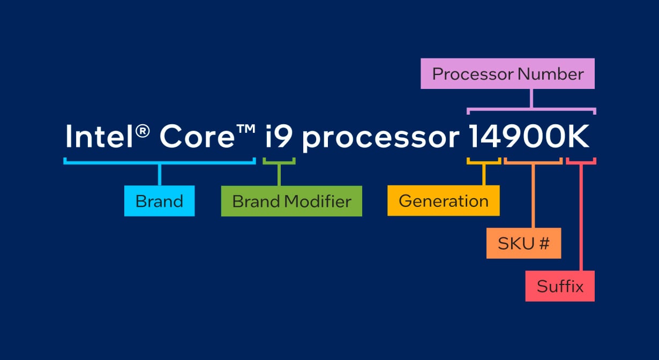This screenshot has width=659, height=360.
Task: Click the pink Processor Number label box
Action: (x=507, y=73)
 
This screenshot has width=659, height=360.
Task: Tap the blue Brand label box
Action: (x=160, y=201)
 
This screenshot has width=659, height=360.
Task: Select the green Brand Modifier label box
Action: (x=291, y=201)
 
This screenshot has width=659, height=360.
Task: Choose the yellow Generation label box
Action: (x=444, y=200)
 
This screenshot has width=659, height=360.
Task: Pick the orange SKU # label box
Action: (x=523, y=243)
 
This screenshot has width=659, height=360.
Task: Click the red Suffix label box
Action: (x=560, y=286)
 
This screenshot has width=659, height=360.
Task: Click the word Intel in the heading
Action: (x=99, y=137)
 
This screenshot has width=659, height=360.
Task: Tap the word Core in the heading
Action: (x=197, y=137)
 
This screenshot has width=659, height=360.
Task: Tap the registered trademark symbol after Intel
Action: (x=143, y=131)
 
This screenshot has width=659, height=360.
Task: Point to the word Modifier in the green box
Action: (x=318, y=201)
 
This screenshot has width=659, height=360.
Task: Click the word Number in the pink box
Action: (x=551, y=74)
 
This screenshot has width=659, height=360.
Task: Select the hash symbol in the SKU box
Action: (x=543, y=244)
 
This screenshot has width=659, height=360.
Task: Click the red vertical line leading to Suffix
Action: (x=581, y=217)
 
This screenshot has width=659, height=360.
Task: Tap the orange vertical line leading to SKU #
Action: (x=533, y=196)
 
